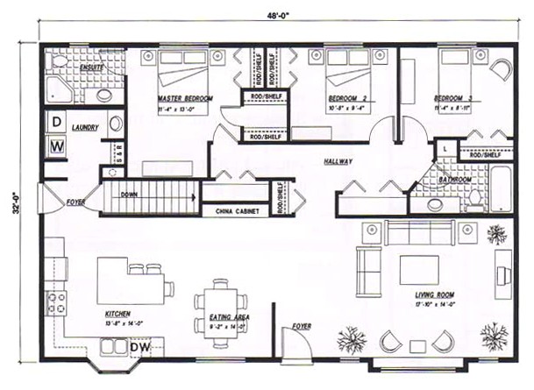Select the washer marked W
55,145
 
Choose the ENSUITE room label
90,66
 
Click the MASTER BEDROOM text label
185,98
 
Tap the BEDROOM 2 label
347,98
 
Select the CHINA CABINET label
234,210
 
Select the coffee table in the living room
418,269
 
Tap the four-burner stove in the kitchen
56,303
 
